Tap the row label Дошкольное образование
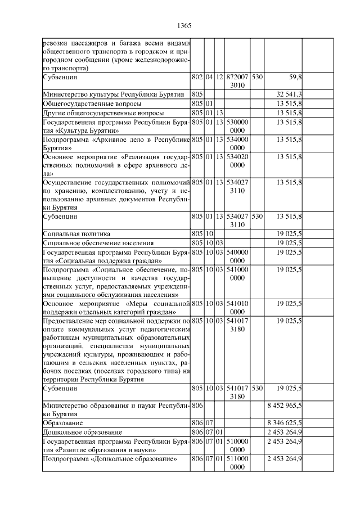click(x=82, y=432)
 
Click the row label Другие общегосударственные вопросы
click(x=96, y=113)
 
